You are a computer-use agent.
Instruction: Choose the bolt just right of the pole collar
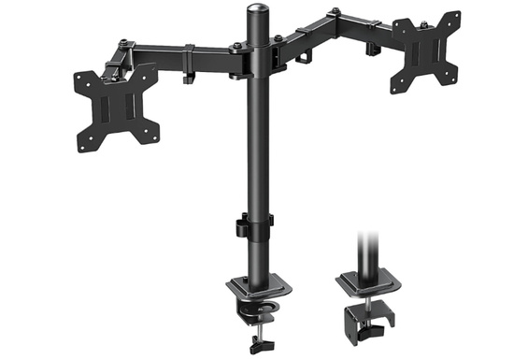tap(277, 39)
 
